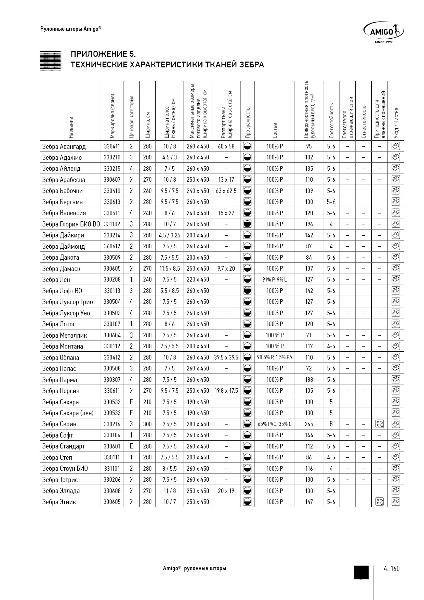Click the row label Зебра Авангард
point(64,146)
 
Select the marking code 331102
point(112,224)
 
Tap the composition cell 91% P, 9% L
point(275,279)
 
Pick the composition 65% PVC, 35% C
point(275,424)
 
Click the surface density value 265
point(309,424)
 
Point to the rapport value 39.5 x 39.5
point(226,357)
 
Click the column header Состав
point(275,130)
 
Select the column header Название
point(71,127)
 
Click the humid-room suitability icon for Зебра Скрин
point(379,424)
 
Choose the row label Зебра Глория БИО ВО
point(71,224)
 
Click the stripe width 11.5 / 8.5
point(170,269)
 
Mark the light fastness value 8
point(331,424)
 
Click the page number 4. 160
point(392,569)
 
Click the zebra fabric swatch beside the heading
point(51,61)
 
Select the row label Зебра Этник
point(59,502)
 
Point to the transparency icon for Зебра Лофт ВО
point(248,291)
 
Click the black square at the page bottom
point(361,572)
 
